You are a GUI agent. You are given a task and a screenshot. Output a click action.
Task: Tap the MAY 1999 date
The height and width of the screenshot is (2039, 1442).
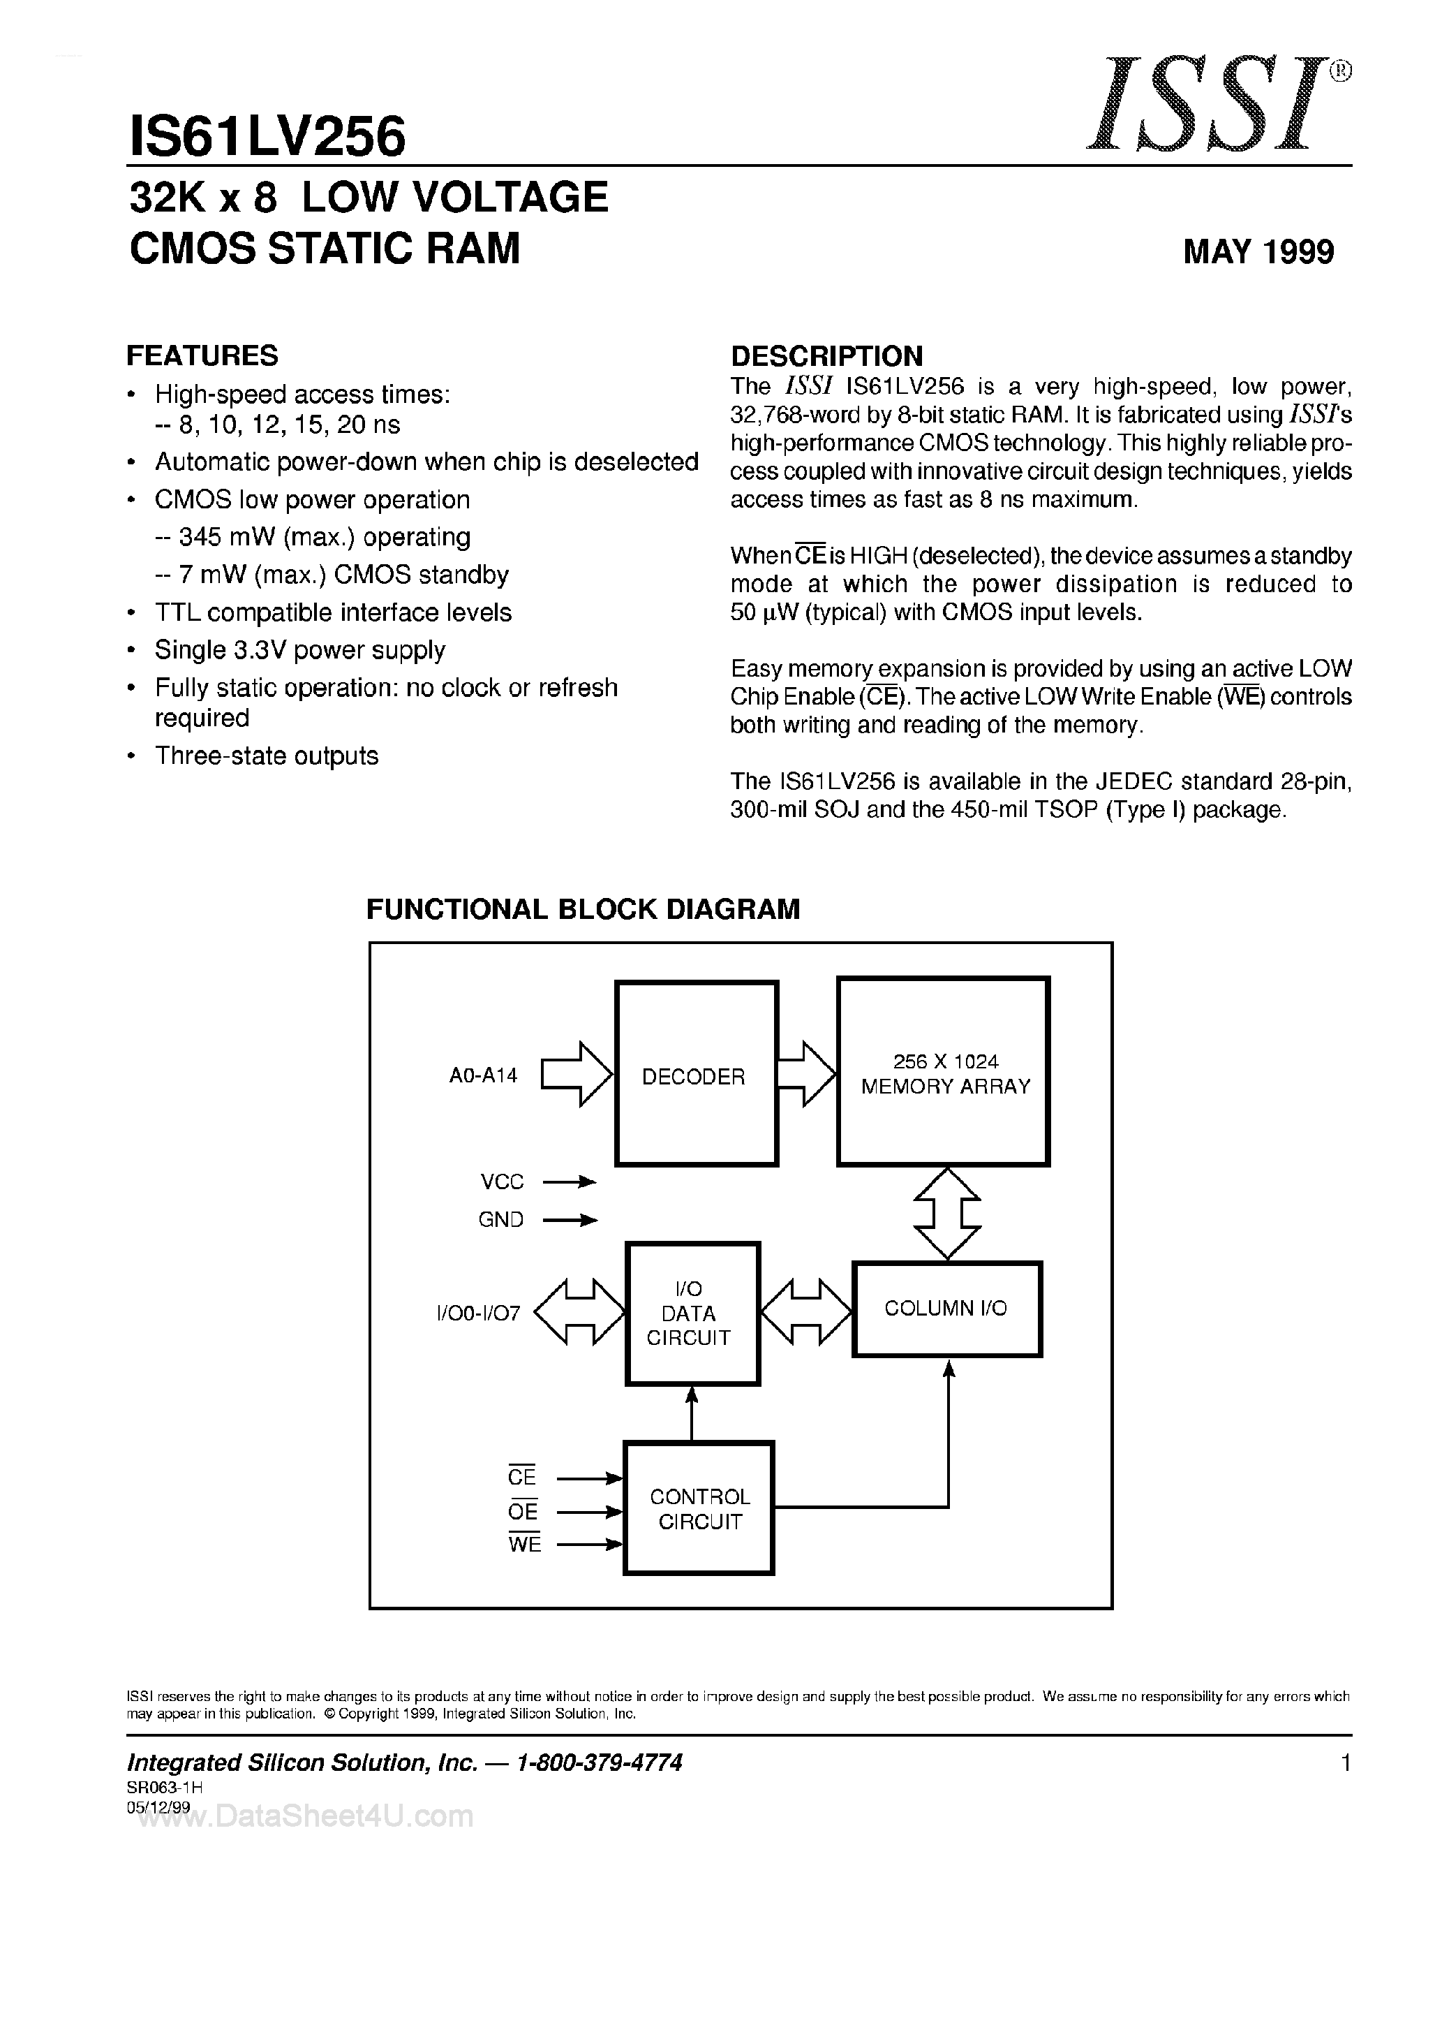[1258, 252]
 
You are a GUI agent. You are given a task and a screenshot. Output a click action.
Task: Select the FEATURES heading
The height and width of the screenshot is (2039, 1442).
[202, 355]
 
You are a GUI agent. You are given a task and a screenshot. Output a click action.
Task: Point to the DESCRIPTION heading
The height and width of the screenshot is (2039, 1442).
[826, 356]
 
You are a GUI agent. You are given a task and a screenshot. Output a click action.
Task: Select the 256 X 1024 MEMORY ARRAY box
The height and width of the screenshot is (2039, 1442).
[944, 1072]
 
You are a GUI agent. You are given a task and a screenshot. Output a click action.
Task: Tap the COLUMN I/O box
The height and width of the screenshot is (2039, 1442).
[946, 1309]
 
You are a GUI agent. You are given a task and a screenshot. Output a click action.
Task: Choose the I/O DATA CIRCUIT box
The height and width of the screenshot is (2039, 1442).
[692, 1313]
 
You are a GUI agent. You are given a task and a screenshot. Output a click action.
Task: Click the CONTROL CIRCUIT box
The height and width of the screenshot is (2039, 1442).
[699, 1509]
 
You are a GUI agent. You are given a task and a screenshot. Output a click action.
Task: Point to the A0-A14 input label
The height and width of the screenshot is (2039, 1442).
[483, 1075]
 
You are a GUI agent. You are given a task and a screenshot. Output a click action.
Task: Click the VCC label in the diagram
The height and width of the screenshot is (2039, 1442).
[502, 1182]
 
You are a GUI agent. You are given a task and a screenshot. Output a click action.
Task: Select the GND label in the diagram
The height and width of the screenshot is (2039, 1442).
[501, 1220]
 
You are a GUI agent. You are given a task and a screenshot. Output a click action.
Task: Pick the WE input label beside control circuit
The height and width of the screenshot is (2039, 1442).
[524, 1545]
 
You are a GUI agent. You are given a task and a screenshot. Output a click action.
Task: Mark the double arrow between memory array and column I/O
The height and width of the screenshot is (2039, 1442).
[947, 1213]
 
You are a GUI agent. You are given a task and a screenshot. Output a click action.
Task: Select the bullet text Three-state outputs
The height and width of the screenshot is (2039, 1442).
[267, 756]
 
